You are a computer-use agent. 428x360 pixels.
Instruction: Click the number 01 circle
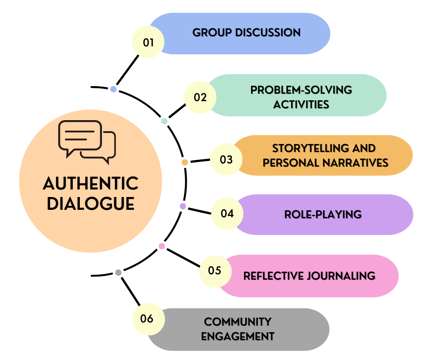[148, 42]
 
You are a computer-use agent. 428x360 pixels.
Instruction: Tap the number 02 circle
[200, 97]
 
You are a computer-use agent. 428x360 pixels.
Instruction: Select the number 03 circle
[226, 159]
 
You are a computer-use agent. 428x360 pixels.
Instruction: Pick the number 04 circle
[227, 214]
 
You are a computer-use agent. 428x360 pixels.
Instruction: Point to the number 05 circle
[215, 270]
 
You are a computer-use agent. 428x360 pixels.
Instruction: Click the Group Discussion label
[246, 33]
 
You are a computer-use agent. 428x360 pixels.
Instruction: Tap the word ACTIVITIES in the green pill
[301, 105]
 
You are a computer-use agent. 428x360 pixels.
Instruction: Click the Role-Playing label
[323, 215]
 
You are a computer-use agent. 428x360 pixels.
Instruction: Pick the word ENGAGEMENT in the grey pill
[238, 336]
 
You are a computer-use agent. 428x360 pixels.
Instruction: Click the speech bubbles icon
[87, 139]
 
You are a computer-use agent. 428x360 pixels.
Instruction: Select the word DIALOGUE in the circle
[91, 204]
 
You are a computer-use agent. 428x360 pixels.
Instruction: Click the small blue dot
[113, 89]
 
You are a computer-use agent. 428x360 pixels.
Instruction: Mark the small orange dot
[185, 163]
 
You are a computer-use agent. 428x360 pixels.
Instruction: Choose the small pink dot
[162, 246]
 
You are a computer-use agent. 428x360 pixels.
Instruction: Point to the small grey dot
[118, 273]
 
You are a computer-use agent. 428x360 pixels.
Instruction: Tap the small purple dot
[183, 206]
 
